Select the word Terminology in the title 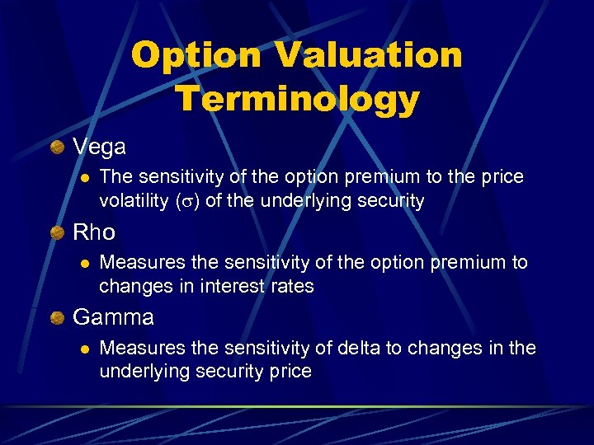(297, 99)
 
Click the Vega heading (99, 147)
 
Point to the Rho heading (94, 232)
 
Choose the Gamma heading (113, 317)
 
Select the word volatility (131, 201)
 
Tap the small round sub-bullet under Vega (81, 177)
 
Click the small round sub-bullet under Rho (81, 263)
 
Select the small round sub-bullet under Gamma (81, 349)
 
